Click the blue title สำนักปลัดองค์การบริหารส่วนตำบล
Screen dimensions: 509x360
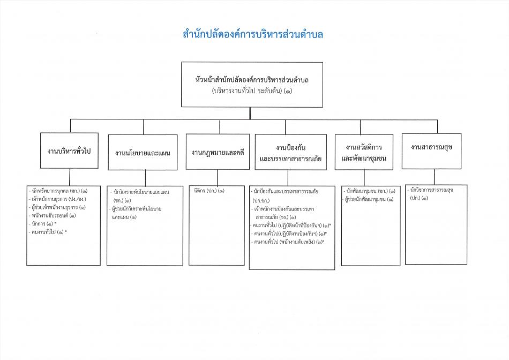253,34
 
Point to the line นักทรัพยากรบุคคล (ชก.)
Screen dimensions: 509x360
58,191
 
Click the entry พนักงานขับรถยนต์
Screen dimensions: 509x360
53,215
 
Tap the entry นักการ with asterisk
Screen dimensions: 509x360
42,224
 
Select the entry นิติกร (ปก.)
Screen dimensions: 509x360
207,191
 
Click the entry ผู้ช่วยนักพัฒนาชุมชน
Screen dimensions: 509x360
369,199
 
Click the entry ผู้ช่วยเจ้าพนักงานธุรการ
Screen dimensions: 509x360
57,207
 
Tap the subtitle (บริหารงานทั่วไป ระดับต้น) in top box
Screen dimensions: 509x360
252,91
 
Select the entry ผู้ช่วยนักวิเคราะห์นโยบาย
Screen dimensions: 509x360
135,213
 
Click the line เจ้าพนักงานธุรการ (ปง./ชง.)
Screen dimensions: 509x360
57,199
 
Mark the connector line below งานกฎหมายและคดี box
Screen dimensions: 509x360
218,177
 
